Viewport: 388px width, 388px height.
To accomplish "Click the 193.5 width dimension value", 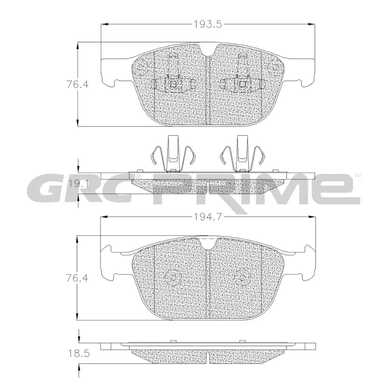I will [x=207, y=25].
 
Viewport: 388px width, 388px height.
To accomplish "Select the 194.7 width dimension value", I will [x=207, y=217].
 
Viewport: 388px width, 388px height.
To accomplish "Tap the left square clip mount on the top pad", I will [x=173, y=84].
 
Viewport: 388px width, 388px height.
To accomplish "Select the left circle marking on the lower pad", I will [x=173, y=279].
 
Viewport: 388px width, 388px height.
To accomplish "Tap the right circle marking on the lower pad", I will [x=242, y=279].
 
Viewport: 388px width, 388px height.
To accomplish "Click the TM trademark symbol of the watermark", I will [x=357, y=176].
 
